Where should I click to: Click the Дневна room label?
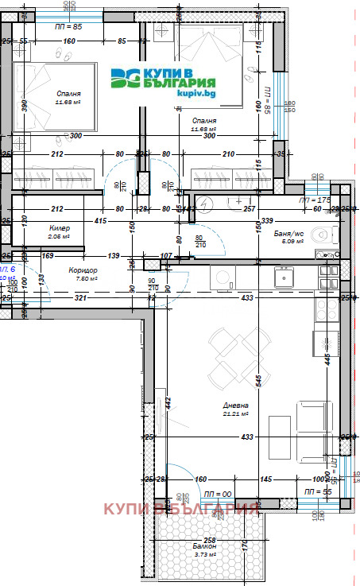tap(237, 404)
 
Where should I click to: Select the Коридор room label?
tap(83, 269)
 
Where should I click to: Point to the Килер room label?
tap(58, 227)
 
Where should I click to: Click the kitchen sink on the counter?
tap(282, 277)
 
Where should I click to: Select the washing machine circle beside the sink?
tap(222, 279)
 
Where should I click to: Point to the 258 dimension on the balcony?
tap(208, 540)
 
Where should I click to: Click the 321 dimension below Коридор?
tap(79, 297)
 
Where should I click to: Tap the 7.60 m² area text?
tap(85, 278)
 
